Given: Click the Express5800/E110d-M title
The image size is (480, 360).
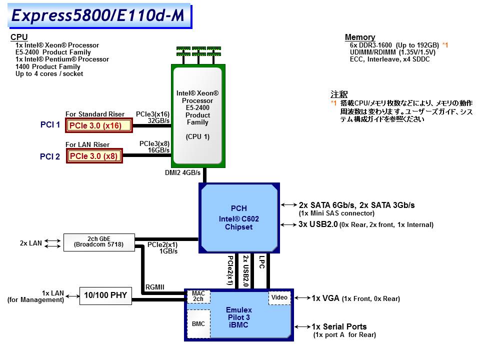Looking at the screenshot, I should point(97,15).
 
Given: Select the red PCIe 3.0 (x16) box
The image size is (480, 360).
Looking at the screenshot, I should point(99,125).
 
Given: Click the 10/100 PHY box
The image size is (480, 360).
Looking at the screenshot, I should point(105,295).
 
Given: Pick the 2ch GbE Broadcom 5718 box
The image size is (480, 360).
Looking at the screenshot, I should point(98,241).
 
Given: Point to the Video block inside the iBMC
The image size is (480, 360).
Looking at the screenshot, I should point(279,297).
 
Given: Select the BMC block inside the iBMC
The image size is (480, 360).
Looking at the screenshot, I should point(198,324).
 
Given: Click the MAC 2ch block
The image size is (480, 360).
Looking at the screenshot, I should point(198,296).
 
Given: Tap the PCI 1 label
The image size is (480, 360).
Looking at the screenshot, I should point(50,125).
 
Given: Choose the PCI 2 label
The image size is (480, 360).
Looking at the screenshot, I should point(50,156).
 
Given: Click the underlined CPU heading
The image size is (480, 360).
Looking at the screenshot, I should point(19,37).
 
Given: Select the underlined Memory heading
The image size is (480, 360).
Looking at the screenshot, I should point(359,37).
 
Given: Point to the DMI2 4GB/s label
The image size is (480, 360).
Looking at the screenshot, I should point(182,173).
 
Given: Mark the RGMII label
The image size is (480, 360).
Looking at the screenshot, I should point(155,286).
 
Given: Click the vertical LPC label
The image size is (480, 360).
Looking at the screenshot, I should point(261,263).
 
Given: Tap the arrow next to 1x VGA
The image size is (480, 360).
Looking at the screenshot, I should point(302,298).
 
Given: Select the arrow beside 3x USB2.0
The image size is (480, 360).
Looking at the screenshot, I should point(289,225).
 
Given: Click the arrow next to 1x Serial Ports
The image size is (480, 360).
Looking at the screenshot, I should point(302,326).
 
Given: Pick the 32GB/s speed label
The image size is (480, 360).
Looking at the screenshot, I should point(159,120).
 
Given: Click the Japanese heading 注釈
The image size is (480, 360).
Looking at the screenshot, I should point(338,94).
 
